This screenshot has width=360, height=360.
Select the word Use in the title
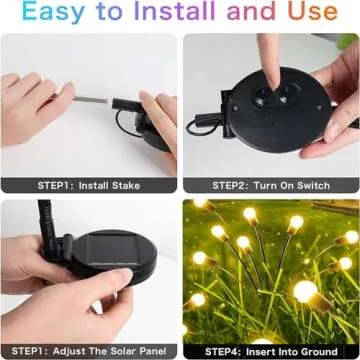(315, 14)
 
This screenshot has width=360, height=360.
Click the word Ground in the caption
(325, 352)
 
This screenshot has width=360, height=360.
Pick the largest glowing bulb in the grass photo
(305, 290)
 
